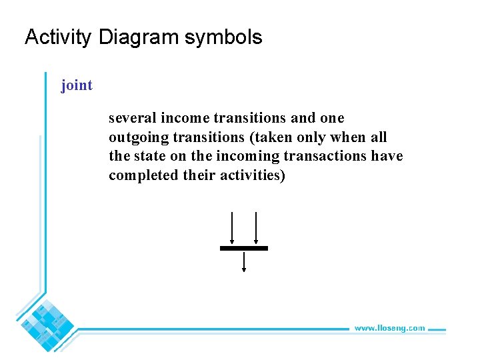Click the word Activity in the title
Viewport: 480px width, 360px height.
point(57,37)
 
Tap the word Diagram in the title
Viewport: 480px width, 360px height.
point(139,37)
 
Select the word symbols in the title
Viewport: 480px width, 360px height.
point(223,37)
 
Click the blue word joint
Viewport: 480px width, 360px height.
point(77,85)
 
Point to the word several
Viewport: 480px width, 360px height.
point(130,118)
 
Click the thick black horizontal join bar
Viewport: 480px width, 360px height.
point(244,248)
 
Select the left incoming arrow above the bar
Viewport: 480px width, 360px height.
point(231,229)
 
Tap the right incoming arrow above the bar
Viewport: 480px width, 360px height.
point(256,229)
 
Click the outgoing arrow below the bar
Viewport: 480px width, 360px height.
point(244,261)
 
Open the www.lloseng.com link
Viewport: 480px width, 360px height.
point(389,328)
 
